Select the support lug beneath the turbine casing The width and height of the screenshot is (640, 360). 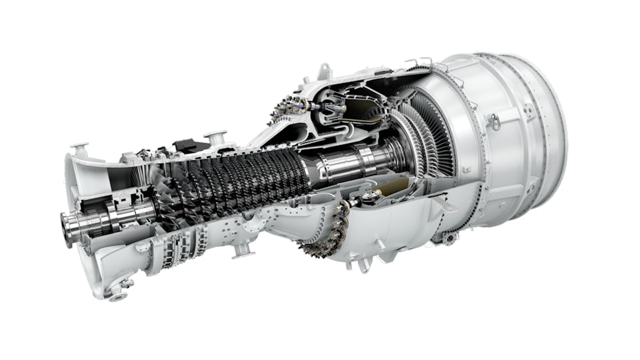point(449,238)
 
